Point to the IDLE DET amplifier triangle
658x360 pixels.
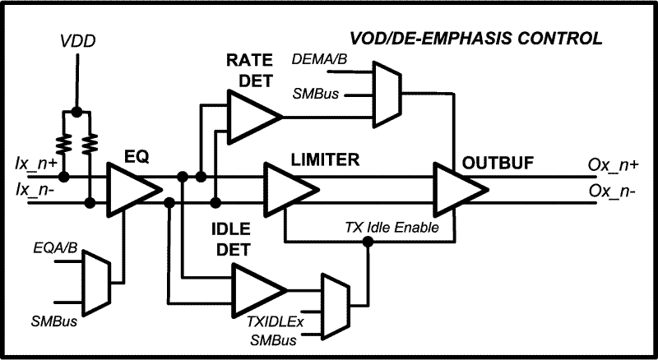[x=258, y=288]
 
